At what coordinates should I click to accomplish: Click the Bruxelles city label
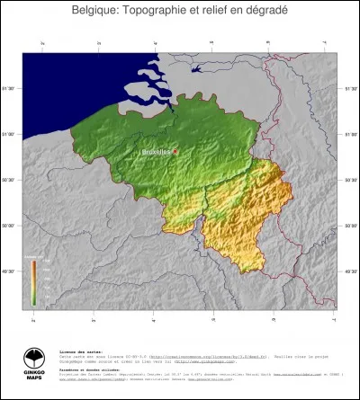(157, 152)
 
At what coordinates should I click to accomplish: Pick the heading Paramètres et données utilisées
(89, 369)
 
